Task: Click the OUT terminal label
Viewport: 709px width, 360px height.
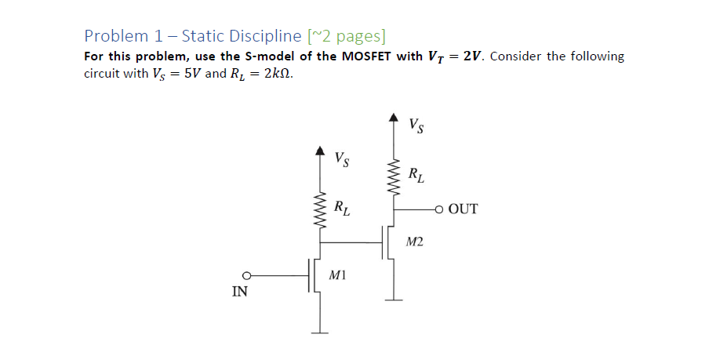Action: pos(464,209)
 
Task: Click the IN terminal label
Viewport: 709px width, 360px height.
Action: pos(241,292)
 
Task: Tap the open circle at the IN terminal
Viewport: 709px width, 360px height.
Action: pos(245,275)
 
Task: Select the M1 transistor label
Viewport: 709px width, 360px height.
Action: pos(337,275)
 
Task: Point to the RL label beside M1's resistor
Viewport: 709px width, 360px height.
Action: pos(342,209)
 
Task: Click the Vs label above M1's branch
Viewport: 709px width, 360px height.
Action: pos(342,160)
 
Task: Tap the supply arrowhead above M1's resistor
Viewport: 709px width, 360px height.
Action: pos(319,150)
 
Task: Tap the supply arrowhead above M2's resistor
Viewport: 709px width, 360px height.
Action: pos(394,117)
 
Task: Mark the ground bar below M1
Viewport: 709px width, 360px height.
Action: pos(319,331)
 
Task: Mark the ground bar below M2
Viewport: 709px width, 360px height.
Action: pos(394,300)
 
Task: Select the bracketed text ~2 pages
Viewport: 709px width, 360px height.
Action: pos(347,36)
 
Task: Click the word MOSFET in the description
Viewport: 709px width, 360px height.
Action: pos(369,57)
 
